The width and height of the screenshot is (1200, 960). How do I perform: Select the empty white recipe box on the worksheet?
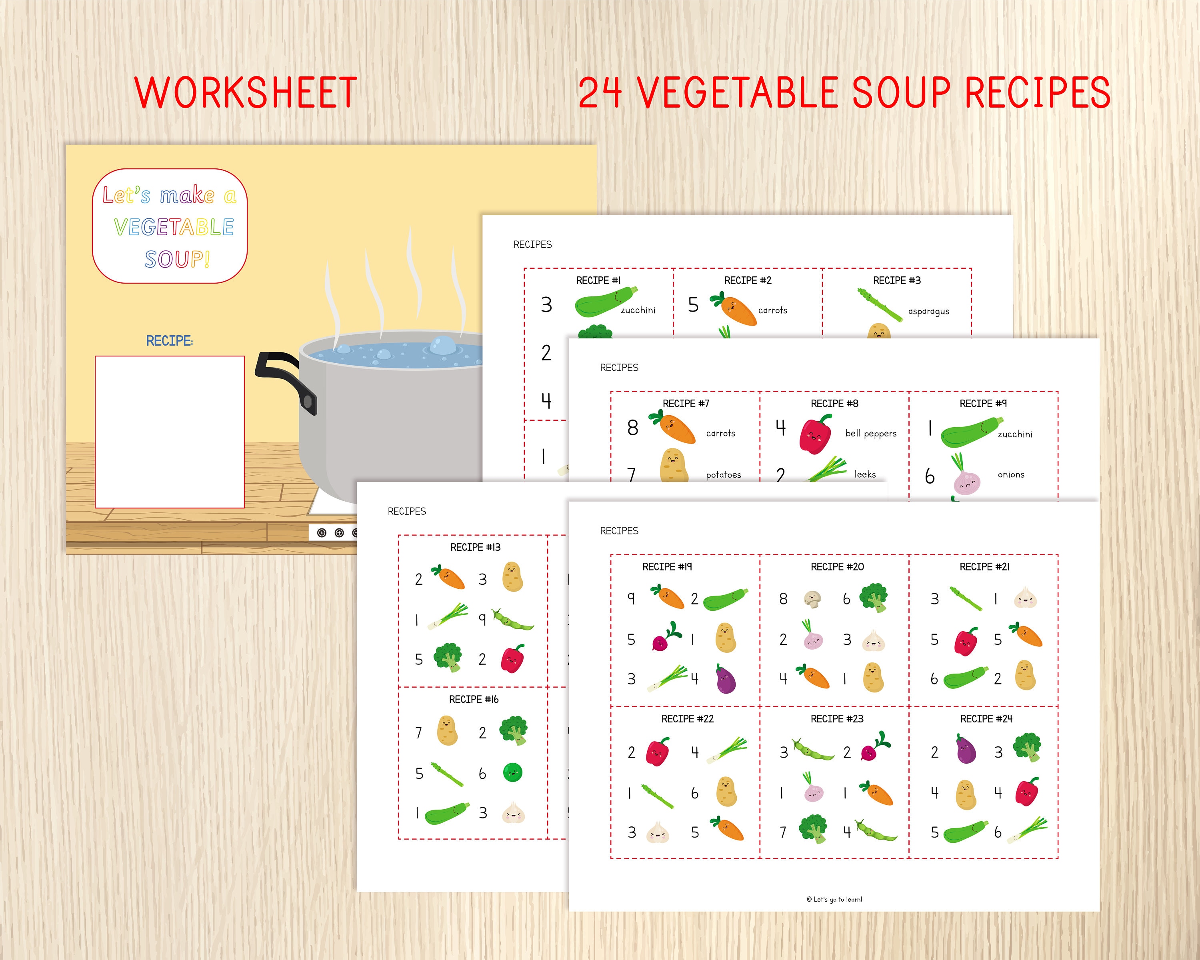point(170,432)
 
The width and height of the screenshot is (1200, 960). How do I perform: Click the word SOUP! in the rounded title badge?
point(177,259)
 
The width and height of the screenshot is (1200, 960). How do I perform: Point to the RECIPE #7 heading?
point(686,404)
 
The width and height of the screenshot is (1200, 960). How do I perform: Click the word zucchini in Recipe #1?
point(638,310)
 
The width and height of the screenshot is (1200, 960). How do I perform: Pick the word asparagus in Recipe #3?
point(928,311)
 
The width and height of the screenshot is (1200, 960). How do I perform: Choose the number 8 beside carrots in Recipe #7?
point(633,428)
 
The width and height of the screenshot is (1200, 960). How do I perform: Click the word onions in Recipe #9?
point(1011,475)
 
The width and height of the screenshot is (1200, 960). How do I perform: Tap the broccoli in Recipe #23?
point(814,829)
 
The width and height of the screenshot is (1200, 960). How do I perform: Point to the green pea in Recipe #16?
point(513,772)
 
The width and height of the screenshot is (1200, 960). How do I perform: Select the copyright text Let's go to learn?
point(834,899)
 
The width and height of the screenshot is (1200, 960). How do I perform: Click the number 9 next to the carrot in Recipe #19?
point(631,598)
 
